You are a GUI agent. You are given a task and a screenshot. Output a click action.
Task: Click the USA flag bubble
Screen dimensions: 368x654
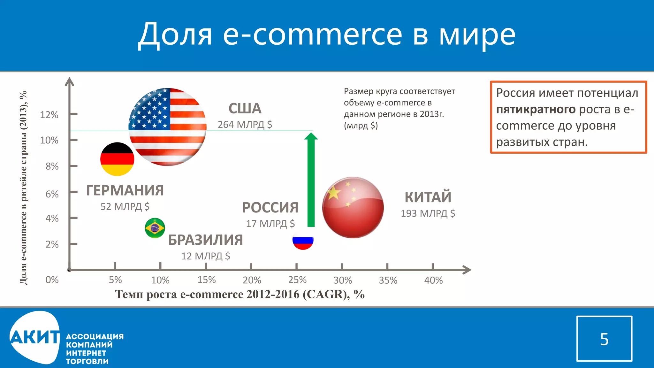(x=167, y=127)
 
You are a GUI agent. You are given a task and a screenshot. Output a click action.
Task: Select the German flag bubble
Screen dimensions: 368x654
(x=117, y=159)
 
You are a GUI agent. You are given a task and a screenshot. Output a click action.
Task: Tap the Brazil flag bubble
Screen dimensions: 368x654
(x=155, y=228)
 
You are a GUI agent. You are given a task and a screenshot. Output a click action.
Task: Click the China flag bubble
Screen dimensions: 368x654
(x=353, y=208)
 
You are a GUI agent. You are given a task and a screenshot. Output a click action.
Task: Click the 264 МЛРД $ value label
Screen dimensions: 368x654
(x=245, y=125)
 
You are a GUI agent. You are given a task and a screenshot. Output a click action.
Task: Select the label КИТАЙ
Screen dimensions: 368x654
(x=428, y=197)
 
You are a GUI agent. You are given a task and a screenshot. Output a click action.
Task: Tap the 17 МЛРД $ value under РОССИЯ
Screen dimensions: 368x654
(x=270, y=224)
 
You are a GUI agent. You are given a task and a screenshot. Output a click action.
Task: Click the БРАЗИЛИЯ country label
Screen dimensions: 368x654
(x=205, y=240)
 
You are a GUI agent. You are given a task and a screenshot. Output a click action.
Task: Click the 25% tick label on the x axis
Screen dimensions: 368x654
(x=297, y=280)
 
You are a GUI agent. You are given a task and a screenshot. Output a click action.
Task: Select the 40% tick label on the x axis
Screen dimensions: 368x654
(x=433, y=280)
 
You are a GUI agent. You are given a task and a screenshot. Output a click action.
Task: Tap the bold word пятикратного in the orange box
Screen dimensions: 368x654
(x=536, y=110)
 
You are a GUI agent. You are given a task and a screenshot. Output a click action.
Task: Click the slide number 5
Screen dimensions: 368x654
(x=604, y=339)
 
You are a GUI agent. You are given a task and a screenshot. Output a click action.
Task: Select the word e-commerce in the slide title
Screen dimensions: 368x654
(x=312, y=34)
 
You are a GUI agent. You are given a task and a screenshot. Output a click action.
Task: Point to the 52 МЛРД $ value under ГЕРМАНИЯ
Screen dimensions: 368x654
(x=125, y=207)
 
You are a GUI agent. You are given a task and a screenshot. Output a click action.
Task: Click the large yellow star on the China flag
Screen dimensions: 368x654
(x=333, y=193)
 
